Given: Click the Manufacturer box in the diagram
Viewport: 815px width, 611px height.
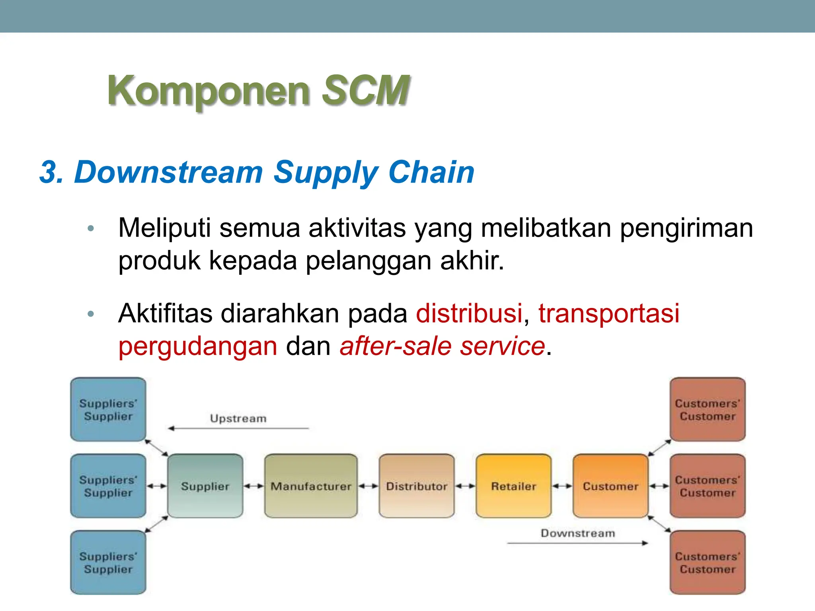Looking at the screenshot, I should tap(311, 486).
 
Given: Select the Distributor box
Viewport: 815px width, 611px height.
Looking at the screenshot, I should tap(416, 486).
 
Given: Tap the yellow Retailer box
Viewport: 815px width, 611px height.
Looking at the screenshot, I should tap(513, 486).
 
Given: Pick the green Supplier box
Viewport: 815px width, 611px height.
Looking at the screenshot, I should tap(205, 486).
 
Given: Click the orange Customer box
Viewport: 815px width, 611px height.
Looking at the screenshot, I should tap(610, 486).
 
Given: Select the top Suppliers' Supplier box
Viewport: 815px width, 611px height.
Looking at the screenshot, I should tap(108, 409).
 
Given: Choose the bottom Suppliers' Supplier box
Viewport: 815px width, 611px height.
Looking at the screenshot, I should tap(108, 562).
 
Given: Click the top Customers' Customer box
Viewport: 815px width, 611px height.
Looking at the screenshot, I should tap(707, 409).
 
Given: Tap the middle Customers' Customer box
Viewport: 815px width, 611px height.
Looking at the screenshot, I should tap(707, 486).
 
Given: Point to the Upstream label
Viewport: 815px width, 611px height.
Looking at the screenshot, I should tap(238, 418).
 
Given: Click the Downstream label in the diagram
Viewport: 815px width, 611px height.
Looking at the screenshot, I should tap(577, 533).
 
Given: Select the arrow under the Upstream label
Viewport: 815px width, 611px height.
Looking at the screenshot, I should tap(238, 428).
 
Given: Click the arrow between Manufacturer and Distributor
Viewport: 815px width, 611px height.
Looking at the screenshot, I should tap(368, 486).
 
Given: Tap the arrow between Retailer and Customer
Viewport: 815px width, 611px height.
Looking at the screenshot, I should tap(562, 486).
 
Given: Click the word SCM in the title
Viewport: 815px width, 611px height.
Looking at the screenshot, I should tap(365, 91).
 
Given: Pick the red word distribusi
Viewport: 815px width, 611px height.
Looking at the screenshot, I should tap(469, 313).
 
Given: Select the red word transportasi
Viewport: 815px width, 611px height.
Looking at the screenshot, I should tap(608, 313).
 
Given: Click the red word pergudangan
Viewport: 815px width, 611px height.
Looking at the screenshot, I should tap(198, 346).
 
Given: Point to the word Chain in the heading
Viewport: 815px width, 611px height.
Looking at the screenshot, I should tap(431, 172).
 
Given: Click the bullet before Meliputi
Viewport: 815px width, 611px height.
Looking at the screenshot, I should tap(91, 228).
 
